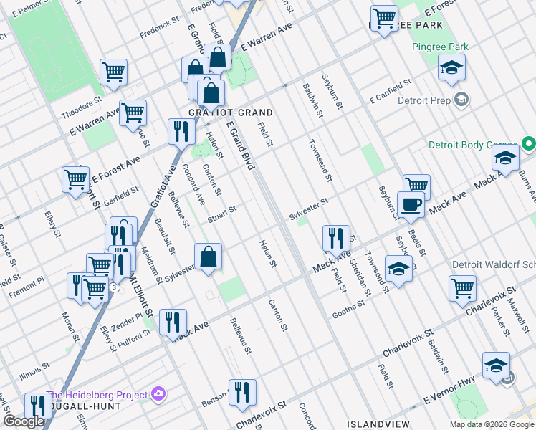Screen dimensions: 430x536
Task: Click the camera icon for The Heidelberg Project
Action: point(158,394)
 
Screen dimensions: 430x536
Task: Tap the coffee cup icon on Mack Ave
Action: point(411,205)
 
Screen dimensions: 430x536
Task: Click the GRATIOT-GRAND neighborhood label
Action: point(220,113)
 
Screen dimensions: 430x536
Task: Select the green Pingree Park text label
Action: point(440,47)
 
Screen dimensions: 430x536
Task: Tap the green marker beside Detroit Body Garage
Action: point(529,145)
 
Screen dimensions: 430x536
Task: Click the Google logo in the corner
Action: point(24,421)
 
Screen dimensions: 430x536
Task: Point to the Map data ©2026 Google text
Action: point(491,424)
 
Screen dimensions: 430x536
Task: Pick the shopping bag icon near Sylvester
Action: point(208,257)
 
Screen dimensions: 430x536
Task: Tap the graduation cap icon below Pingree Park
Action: point(451,69)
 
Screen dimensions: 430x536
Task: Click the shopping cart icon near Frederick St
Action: point(113,72)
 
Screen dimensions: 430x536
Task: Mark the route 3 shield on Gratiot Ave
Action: point(115,287)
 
